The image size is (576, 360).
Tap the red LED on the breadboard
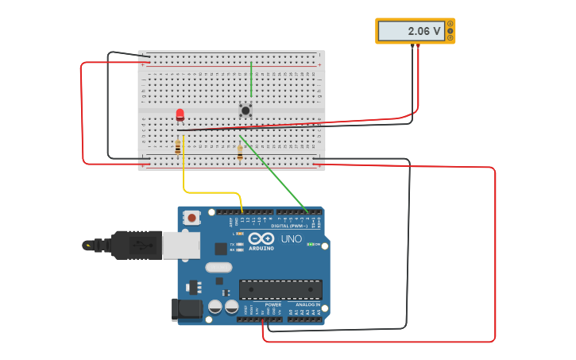(x=180, y=115)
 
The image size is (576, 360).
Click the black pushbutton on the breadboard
(x=245, y=110)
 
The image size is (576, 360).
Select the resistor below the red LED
(x=178, y=147)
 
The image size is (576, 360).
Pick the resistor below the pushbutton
(x=240, y=153)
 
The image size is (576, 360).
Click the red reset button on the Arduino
(x=192, y=217)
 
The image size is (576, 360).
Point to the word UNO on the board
(x=292, y=238)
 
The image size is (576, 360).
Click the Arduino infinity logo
(x=261, y=238)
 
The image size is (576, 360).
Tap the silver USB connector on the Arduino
(x=180, y=246)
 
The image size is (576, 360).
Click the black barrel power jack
(x=187, y=309)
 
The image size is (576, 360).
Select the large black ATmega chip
(x=280, y=290)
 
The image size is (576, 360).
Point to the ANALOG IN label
(x=308, y=304)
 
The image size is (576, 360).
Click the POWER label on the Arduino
(x=273, y=304)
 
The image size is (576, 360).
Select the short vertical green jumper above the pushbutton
(x=251, y=79)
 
